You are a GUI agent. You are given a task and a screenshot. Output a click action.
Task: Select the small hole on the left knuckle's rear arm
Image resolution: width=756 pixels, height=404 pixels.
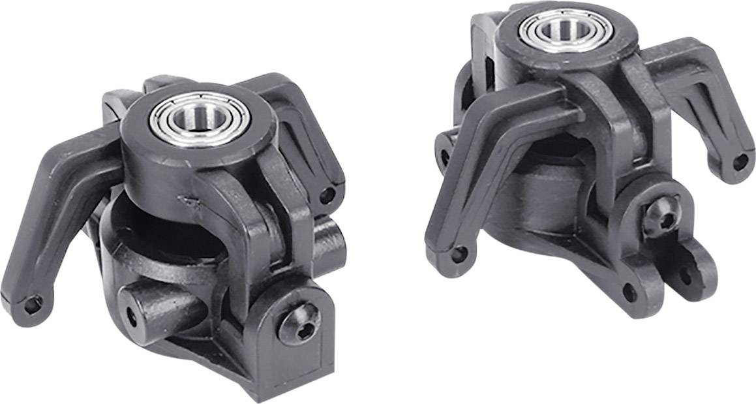click(327, 194)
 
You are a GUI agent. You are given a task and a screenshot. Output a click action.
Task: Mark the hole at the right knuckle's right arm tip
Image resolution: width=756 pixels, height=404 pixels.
click(740, 161)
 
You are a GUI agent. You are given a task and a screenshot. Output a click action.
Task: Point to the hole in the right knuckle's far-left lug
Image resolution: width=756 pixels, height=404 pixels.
click(445, 156)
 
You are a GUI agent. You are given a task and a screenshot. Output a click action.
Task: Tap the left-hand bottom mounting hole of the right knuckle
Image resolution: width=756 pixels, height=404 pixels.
click(629, 292)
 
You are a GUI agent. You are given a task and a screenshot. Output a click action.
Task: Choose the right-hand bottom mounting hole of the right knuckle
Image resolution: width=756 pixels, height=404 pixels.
click(686, 275)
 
